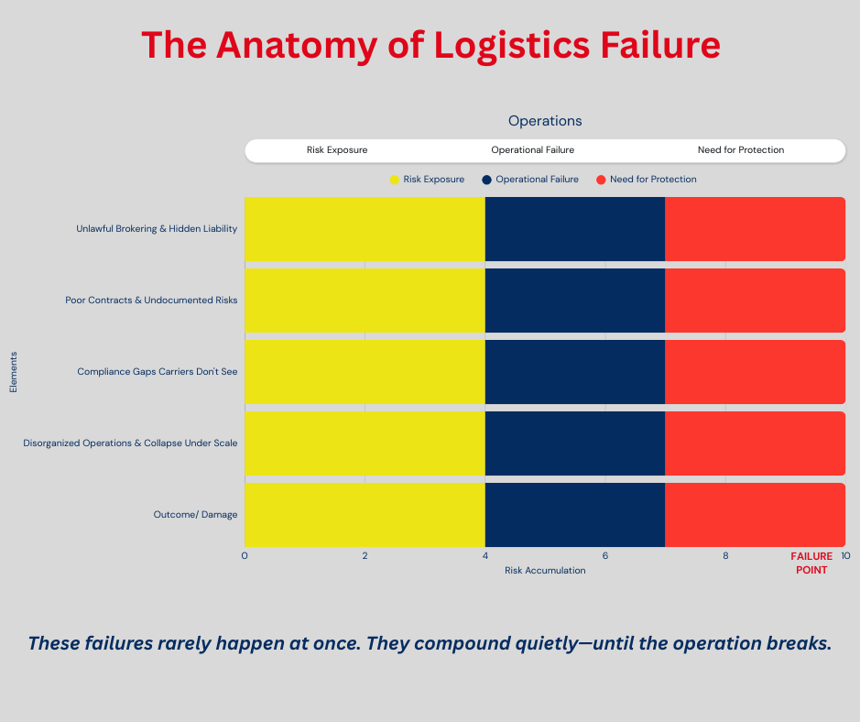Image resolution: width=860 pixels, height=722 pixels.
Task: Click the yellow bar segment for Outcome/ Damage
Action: pos(365,515)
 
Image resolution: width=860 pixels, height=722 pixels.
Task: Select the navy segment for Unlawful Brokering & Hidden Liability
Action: pos(575,228)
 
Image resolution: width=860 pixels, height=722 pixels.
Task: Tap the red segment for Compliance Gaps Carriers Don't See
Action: pos(755,371)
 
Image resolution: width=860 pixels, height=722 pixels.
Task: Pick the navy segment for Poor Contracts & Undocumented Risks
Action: pos(575,300)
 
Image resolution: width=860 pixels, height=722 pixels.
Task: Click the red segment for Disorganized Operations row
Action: pos(755,443)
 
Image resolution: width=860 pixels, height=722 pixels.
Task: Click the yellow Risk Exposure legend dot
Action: pos(395,180)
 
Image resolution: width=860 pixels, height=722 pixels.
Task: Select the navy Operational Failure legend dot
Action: pos(487,180)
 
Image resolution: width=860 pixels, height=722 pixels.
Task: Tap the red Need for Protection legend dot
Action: pos(601,180)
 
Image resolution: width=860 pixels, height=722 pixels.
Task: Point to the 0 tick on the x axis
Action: pos(245,556)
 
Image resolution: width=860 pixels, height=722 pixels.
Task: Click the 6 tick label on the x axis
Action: pos(605,556)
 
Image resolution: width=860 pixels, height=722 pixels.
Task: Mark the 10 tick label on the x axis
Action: pos(845,556)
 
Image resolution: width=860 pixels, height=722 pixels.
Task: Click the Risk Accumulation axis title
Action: pos(545,570)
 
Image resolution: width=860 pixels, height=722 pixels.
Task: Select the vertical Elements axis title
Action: pos(14,371)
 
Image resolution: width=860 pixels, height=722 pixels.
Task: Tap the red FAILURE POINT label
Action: pos(811,563)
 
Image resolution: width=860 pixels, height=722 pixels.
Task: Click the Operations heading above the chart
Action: pos(545,121)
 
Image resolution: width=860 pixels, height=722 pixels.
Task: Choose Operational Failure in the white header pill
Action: pos(533,150)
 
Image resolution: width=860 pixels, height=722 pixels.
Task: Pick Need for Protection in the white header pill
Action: pos(741,150)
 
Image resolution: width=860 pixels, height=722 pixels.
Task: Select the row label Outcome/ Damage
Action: pos(195,515)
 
